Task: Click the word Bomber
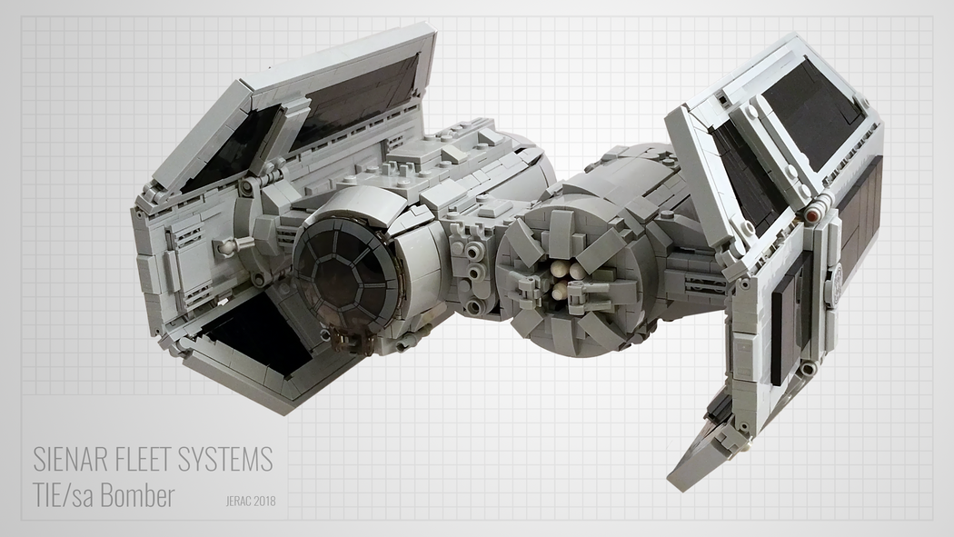point(138,495)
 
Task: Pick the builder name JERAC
point(238,502)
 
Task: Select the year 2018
point(264,502)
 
